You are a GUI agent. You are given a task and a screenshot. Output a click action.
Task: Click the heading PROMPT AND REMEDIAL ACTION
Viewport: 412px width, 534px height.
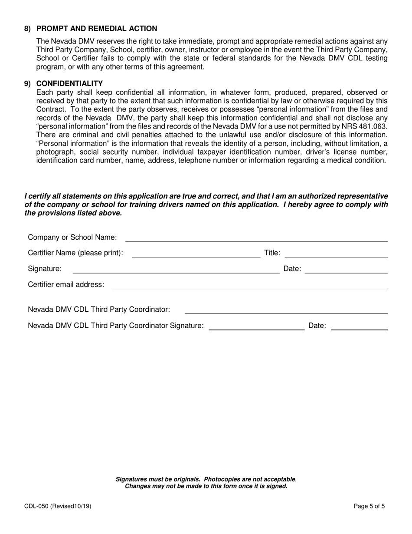(97, 29)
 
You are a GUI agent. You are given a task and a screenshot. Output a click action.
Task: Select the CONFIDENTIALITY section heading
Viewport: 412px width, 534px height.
(69, 83)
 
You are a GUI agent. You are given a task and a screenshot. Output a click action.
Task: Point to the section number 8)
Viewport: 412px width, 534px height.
(28, 29)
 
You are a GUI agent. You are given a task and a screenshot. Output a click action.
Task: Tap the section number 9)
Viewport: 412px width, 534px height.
(28, 83)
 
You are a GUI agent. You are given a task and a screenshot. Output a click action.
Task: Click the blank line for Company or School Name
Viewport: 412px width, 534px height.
(256, 238)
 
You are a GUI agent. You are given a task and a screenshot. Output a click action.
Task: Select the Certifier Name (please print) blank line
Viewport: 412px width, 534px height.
(196, 254)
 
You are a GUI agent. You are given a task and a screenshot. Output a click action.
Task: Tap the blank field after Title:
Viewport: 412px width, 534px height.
(336, 254)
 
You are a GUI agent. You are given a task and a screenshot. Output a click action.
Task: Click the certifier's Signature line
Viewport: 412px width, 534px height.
(176, 269)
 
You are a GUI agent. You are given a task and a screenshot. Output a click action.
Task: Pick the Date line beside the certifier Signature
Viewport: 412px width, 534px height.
(346, 269)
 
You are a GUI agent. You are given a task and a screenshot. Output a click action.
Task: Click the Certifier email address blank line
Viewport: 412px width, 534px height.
(249, 285)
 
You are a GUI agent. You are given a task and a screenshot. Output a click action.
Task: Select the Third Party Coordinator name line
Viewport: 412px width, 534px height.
(286, 310)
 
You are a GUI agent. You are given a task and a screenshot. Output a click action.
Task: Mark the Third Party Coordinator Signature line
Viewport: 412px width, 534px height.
(257, 326)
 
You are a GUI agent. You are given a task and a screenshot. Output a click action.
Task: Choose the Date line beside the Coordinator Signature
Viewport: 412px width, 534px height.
(359, 326)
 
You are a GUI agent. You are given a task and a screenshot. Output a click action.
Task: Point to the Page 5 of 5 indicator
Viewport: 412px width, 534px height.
(369, 506)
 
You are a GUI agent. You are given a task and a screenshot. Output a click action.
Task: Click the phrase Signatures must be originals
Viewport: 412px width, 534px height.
(158, 479)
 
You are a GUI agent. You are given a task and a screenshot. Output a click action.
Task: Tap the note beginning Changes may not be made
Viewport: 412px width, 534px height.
(206, 486)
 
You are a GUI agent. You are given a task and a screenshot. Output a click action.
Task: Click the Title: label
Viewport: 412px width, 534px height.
(272, 253)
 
